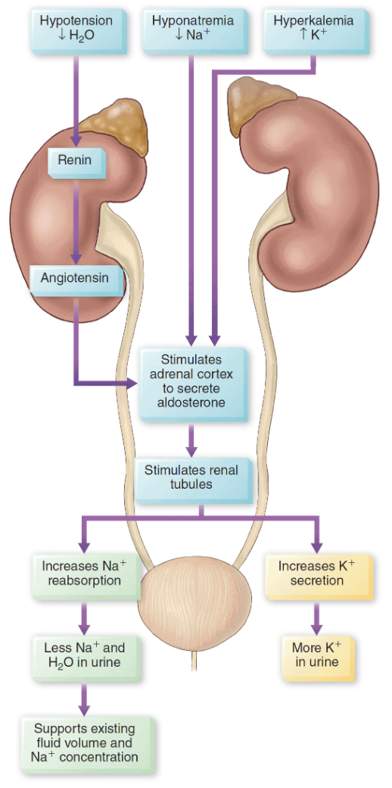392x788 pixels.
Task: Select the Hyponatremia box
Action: pos(192,27)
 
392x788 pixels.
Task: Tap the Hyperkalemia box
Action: pos(313,27)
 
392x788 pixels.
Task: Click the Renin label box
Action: pos(74,161)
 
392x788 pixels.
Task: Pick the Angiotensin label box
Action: pos(74,278)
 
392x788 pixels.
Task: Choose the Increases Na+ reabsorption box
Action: pos(85,574)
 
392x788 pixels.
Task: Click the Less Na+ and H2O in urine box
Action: pos(85,655)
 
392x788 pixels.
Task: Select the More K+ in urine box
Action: pos(316,655)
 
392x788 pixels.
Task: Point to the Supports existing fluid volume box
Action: pos(86,743)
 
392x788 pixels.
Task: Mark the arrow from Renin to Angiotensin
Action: pos(74,220)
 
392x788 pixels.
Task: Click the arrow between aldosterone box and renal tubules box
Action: pos(192,439)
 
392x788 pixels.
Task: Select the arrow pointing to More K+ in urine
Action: pos(316,619)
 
